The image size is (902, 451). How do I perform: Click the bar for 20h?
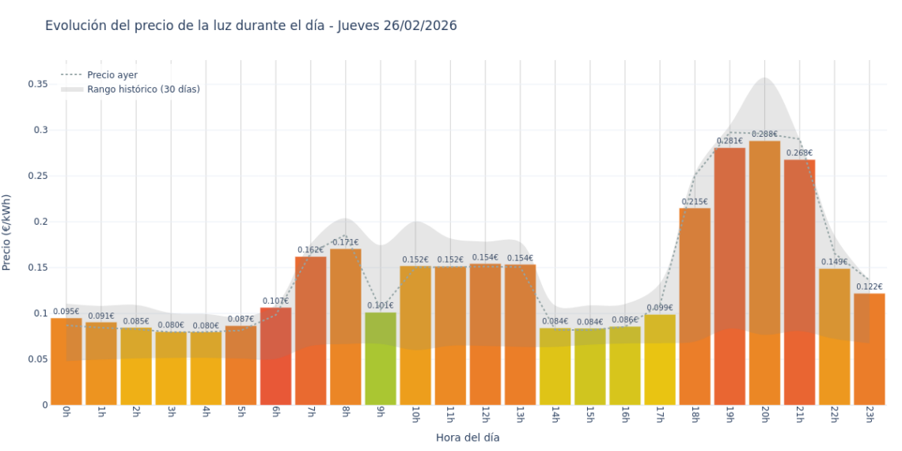pos(764,273)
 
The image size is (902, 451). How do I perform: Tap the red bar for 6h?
pos(275,356)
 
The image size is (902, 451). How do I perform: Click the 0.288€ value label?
pos(764,135)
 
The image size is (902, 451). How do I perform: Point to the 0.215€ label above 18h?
pos(695,202)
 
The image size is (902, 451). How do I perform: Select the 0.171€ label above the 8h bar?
pos(345,243)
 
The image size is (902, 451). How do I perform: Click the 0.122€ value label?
pos(869,287)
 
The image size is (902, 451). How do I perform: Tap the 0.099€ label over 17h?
pos(660,309)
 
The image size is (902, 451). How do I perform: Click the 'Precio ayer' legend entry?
pos(112,75)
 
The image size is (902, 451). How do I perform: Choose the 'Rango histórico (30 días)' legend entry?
pos(143,89)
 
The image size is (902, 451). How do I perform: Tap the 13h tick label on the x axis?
pos(520,415)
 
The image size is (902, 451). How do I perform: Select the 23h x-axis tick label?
pos(869,415)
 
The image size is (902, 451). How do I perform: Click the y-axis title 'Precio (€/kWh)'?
pos(7,233)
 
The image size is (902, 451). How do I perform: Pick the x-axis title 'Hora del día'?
pos(468,437)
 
